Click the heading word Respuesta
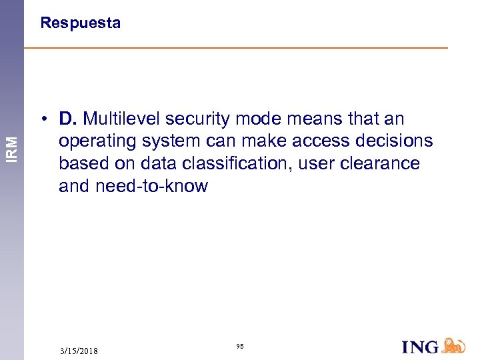click(80, 23)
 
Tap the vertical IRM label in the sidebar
click(12, 141)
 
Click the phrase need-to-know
click(151, 186)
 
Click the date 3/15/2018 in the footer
click(79, 351)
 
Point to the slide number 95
click(240, 347)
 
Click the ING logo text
click(421, 347)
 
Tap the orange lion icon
click(453, 345)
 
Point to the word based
click(79, 163)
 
